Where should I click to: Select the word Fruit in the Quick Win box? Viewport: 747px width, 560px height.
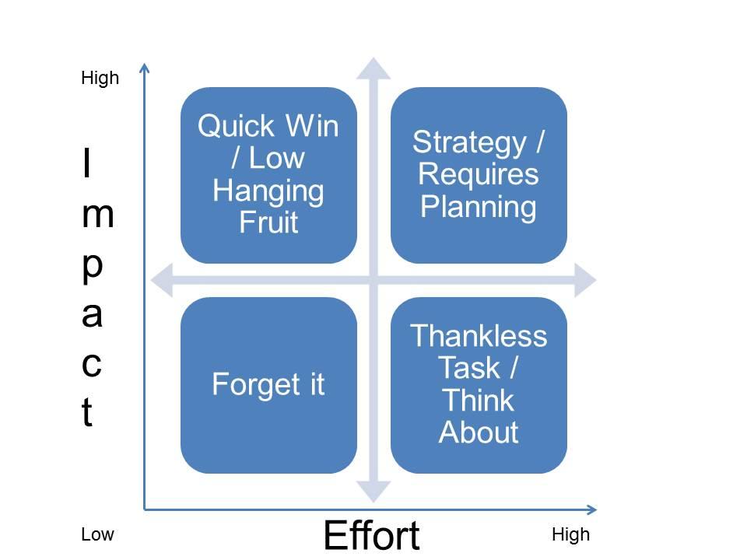(268, 223)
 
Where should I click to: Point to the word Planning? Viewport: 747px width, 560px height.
(479, 208)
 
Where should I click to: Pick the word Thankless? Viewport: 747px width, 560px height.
(479, 337)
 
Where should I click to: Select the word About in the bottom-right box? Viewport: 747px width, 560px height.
(479, 432)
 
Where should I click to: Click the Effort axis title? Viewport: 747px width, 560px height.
(371, 535)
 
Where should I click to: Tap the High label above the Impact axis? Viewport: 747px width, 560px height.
(100, 79)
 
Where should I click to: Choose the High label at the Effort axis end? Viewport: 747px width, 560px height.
(570, 535)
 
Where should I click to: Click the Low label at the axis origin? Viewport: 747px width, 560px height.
(97, 535)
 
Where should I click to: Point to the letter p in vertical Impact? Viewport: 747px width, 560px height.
(91, 265)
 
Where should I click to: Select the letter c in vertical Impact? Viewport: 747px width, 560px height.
(91, 364)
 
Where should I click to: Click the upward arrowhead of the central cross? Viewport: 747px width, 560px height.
(373, 68)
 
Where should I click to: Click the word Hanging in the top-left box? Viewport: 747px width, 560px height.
(268, 191)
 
